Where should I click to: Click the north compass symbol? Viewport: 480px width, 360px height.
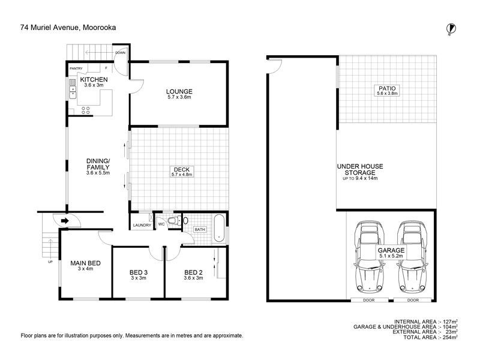[x=451, y=29]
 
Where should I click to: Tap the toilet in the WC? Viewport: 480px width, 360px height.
[x=177, y=220]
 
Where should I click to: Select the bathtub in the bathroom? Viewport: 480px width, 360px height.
[x=219, y=228]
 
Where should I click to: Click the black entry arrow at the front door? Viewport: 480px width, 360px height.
[x=65, y=221]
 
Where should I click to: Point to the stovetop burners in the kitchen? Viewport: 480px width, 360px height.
[x=86, y=110]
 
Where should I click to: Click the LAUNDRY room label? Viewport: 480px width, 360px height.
[x=142, y=226]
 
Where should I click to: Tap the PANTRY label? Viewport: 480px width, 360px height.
[x=76, y=68]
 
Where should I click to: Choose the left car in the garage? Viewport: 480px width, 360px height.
[x=370, y=257]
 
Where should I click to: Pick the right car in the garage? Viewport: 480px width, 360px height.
[x=413, y=257]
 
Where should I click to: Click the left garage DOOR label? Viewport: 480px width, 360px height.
[x=369, y=301]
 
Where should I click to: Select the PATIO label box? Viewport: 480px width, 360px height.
[x=387, y=91]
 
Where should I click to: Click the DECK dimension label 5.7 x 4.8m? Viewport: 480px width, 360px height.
[x=182, y=175]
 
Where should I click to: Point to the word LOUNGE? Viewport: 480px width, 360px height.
[x=179, y=91]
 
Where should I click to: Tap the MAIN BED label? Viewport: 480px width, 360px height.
[x=85, y=263]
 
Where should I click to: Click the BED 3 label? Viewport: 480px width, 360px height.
[x=139, y=272]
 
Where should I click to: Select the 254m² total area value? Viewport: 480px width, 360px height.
[x=449, y=337]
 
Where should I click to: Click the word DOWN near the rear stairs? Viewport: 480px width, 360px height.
[x=121, y=53]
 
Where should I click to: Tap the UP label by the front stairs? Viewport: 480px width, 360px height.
[x=50, y=262]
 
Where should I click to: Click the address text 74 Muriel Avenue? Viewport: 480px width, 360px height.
[x=50, y=28]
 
